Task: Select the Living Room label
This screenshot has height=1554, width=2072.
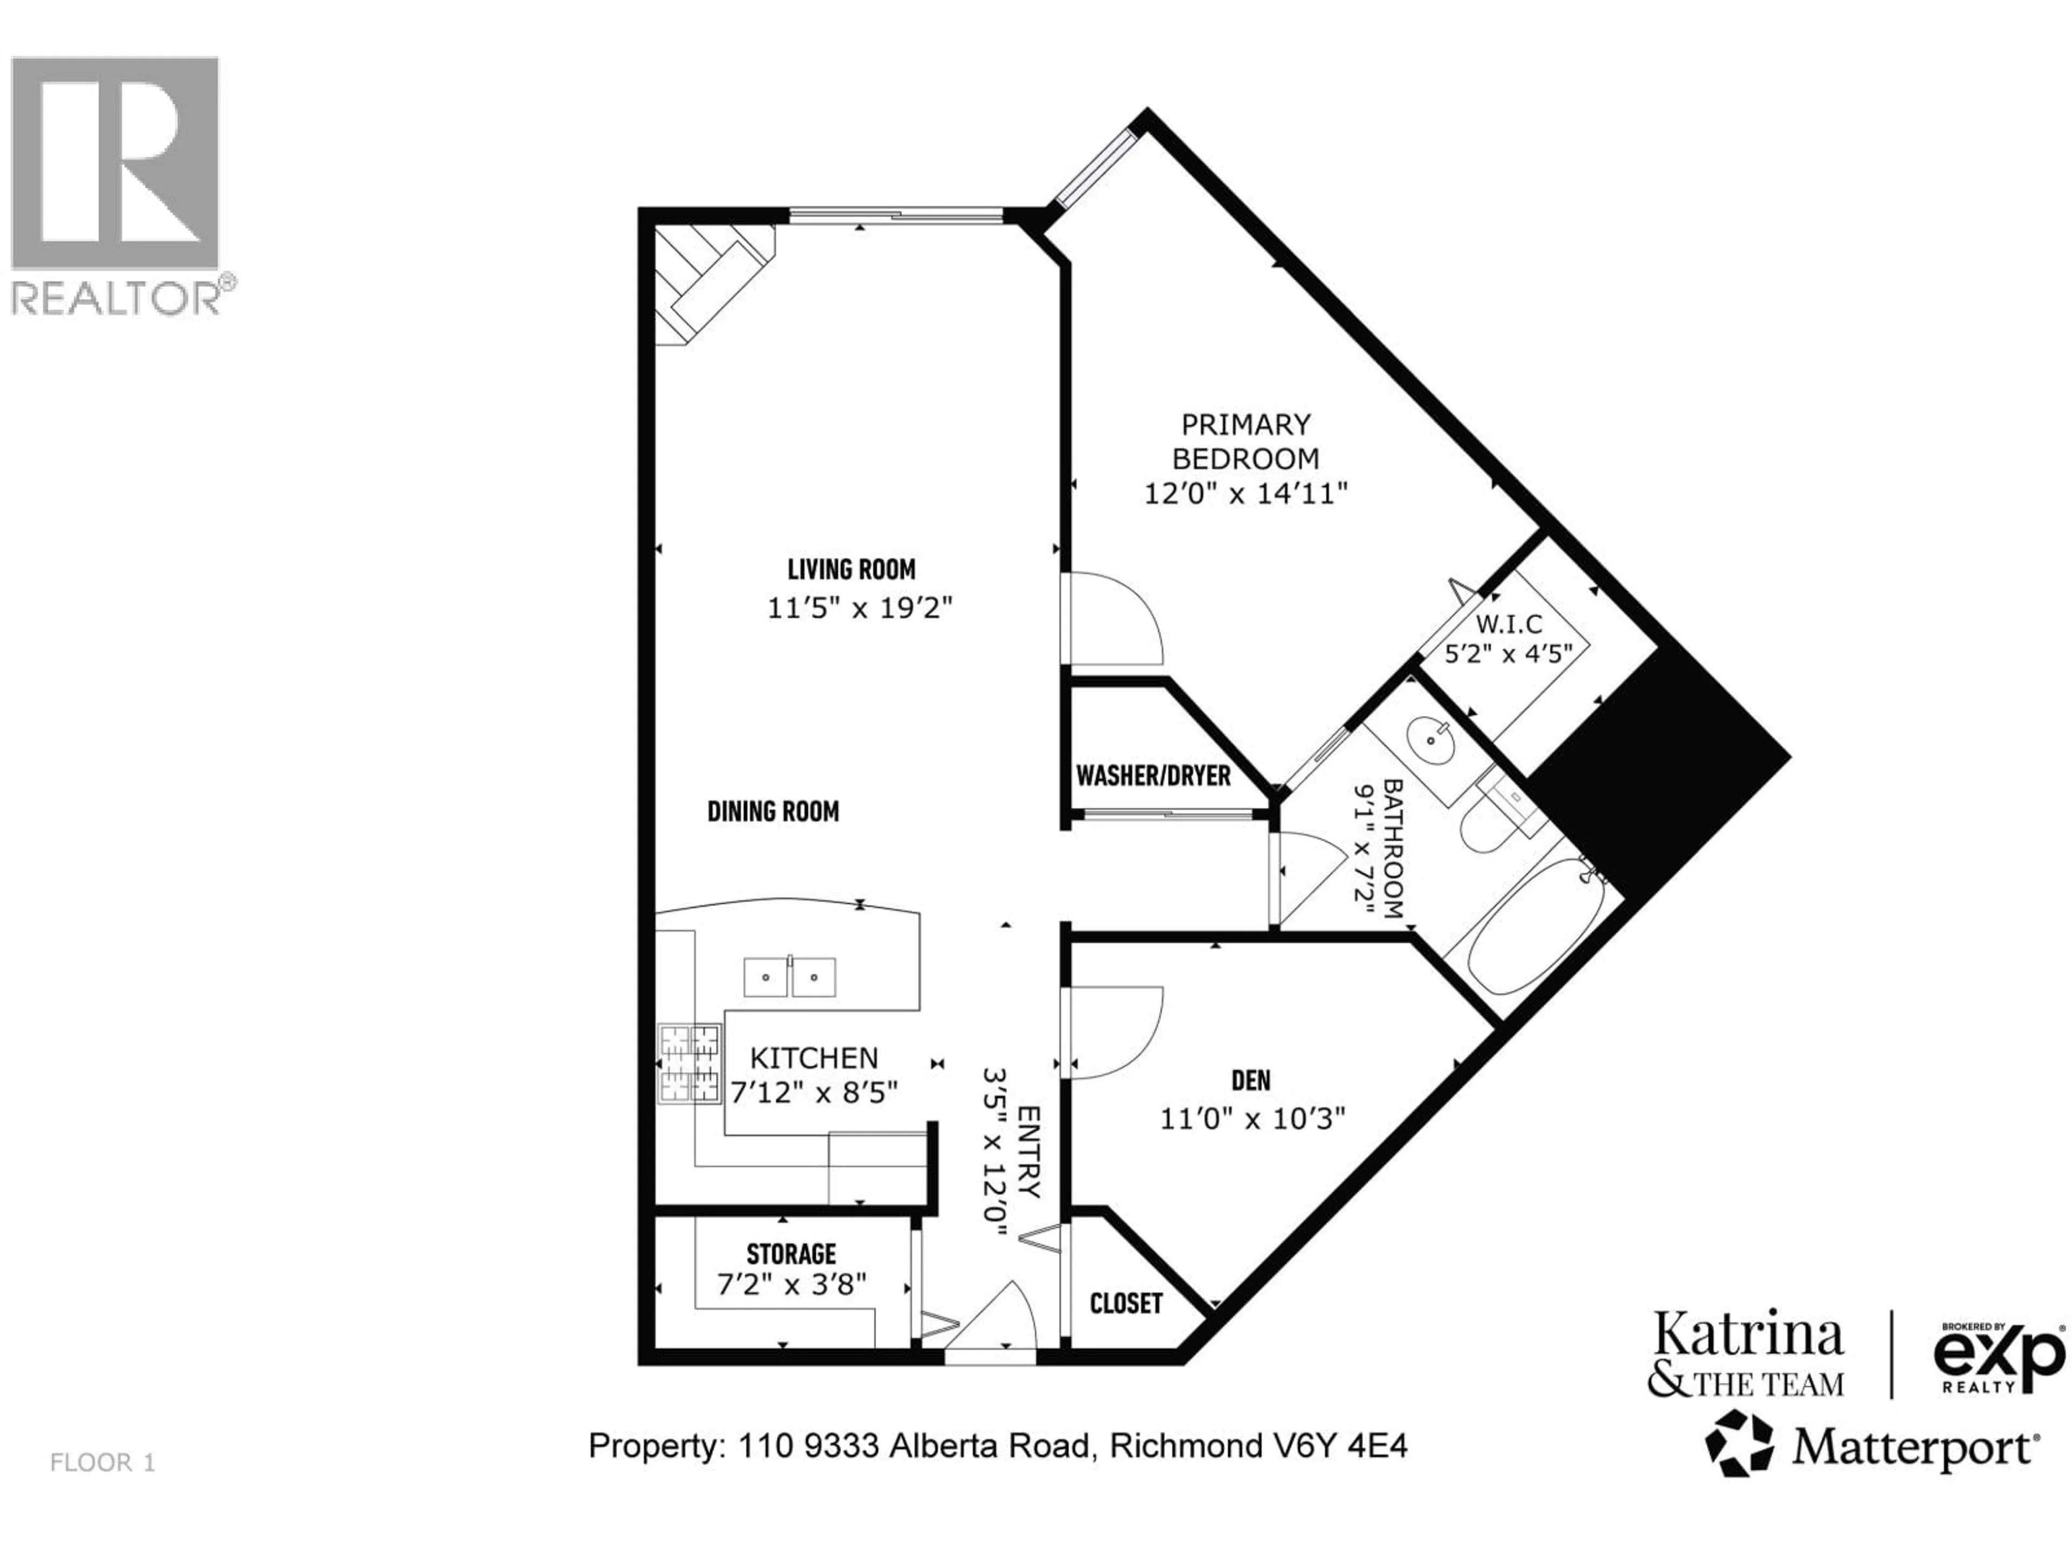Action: click(850, 569)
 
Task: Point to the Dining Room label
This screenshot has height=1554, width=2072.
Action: click(773, 811)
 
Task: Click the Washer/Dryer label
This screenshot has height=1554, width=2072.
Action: click(1153, 775)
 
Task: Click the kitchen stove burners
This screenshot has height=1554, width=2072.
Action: click(690, 1063)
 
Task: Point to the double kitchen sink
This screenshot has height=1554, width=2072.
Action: click(789, 977)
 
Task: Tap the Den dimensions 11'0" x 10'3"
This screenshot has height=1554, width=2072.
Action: click(1252, 1119)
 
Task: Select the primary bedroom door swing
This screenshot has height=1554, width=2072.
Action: click(1115, 618)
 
